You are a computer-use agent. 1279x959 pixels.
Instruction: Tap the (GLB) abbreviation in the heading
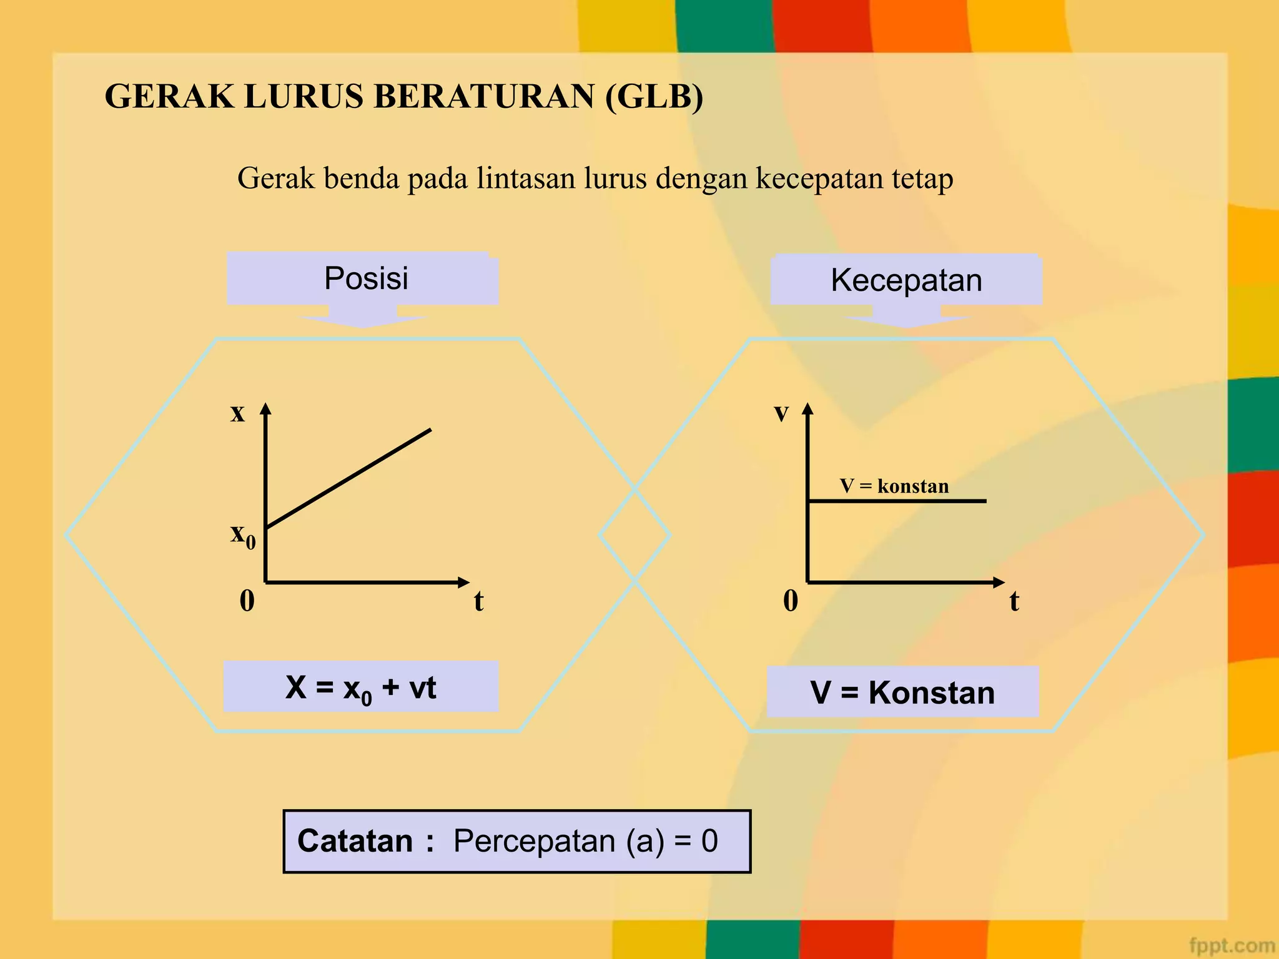[x=654, y=97]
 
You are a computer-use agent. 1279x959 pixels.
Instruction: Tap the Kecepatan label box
[x=906, y=280]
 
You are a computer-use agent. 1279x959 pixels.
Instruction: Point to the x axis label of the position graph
[x=237, y=413]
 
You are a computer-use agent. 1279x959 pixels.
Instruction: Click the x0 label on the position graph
[x=242, y=535]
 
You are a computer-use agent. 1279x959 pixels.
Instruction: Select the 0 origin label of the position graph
[x=247, y=601]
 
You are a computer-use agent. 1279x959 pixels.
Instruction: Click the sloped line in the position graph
[x=348, y=479]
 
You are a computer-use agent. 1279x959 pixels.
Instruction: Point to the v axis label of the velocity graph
[x=781, y=413]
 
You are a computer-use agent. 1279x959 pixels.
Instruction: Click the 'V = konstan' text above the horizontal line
[x=894, y=486]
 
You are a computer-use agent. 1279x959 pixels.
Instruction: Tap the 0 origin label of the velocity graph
[x=791, y=601]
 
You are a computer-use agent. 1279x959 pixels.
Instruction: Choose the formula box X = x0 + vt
[x=361, y=687]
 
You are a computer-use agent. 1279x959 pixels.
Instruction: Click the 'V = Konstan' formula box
[x=902, y=692]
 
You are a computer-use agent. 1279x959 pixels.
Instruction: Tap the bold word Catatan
[x=355, y=841]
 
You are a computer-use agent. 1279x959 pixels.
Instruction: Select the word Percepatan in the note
[x=535, y=841]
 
